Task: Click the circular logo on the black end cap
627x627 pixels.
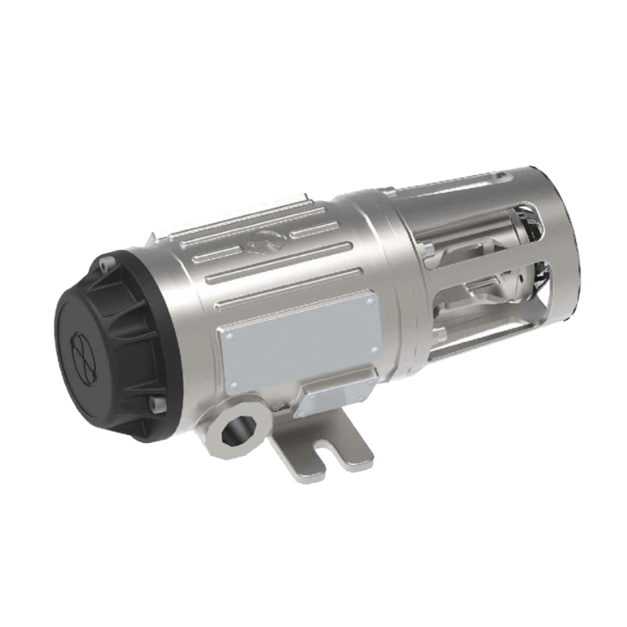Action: click(x=85, y=350)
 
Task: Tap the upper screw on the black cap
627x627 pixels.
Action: click(x=107, y=264)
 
